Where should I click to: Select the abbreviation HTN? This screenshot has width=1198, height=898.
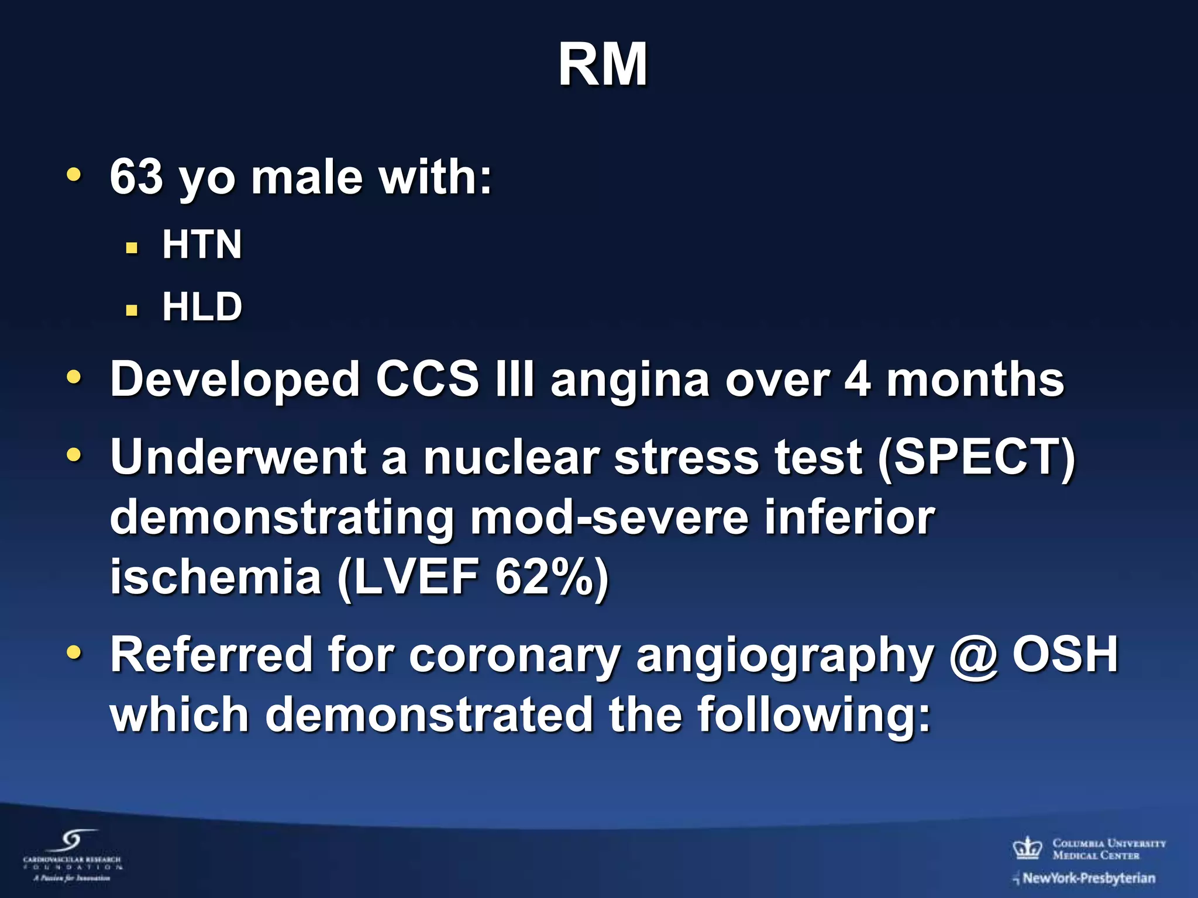[x=202, y=244]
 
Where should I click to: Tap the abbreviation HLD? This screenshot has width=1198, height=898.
[x=202, y=306]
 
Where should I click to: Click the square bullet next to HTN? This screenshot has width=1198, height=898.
[x=132, y=248]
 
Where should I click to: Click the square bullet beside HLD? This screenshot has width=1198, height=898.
[x=132, y=310]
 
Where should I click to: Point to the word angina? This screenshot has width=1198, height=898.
[x=630, y=380]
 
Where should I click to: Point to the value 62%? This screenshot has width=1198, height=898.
[x=545, y=577]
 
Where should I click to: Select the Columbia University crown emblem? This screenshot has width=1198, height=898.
[x=1028, y=847]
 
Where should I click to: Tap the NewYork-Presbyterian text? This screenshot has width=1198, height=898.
[x=1088, y=878]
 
